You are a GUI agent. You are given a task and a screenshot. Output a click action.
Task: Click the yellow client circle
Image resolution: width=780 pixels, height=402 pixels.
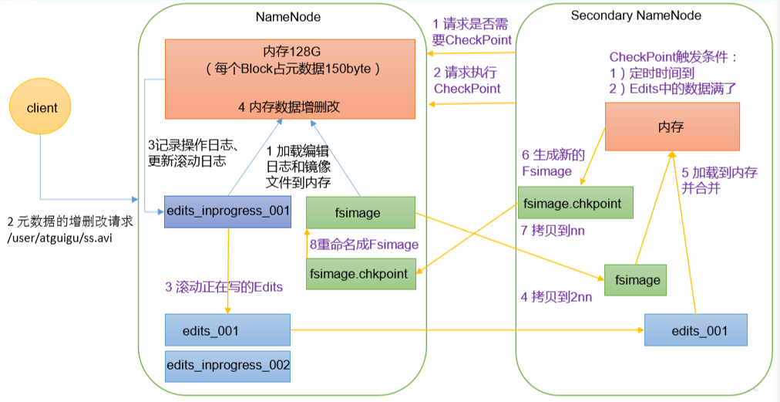(42, 108)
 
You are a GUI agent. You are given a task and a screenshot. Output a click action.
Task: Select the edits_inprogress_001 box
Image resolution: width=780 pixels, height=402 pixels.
(227, 211)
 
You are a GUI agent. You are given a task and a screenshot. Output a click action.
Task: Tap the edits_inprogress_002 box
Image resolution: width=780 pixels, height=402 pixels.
(227, 366)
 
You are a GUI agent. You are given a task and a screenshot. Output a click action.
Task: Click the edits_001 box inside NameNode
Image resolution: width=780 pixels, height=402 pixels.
(227, 330)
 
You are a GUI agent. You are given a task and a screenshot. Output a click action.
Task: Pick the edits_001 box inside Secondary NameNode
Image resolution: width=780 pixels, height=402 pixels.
(696, 329)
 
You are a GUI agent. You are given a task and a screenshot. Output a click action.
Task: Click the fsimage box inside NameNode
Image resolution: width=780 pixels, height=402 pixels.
(361, 212)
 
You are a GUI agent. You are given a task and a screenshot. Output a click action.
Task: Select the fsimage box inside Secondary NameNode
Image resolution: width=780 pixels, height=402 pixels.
(635, 280)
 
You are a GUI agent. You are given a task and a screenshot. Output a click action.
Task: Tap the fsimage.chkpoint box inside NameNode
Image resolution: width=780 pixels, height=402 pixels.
(361, 273)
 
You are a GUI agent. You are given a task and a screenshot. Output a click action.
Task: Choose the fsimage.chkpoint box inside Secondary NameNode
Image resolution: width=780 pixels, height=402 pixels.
(575, 203)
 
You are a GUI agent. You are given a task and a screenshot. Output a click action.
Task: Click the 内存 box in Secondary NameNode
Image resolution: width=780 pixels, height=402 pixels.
(671, 127)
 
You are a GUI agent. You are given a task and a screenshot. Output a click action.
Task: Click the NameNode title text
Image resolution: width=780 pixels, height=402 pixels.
(288, 16)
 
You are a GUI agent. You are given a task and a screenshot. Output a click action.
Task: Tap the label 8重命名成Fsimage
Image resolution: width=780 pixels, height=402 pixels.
(364, 244)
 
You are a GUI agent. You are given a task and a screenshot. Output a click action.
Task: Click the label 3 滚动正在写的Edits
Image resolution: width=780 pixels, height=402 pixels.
(224, 286)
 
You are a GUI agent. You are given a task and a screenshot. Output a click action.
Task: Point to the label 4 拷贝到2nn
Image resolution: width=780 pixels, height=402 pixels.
(556, 296)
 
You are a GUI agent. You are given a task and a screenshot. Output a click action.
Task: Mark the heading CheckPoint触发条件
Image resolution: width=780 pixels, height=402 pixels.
(674, 57)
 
